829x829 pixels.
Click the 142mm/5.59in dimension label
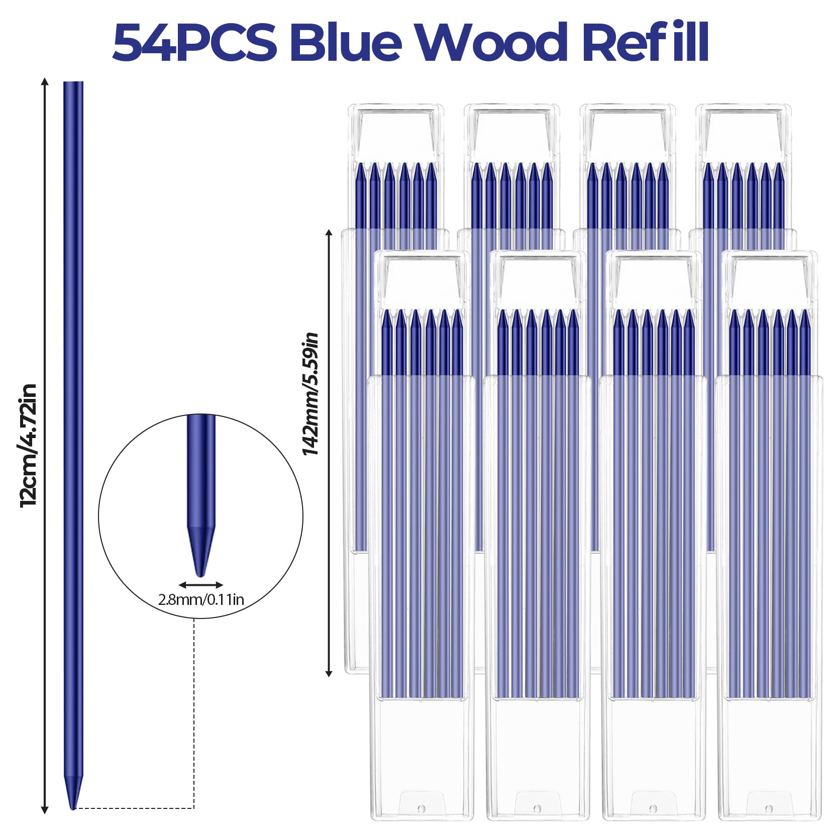(x=310, y=394)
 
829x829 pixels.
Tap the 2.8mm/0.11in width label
(x=201, y=600)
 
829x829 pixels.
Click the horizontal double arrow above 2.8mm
(x=201, y=585)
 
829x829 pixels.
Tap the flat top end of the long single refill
(x=73, y=82)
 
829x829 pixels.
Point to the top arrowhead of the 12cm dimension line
(x=45, y=82)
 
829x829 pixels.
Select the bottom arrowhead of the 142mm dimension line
(x=329, y=673)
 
